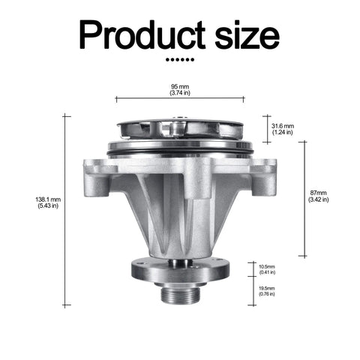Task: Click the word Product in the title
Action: point(142,35)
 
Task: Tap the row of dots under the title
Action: point(180,60)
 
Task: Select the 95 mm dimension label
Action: point(180,87)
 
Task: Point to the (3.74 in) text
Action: point(180,93)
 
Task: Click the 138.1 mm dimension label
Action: point(48,199)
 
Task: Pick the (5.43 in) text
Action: point(48,205)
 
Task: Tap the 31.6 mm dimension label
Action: point(283,126)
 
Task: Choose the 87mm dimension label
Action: point(319,193)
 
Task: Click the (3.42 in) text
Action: point(319,199)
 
